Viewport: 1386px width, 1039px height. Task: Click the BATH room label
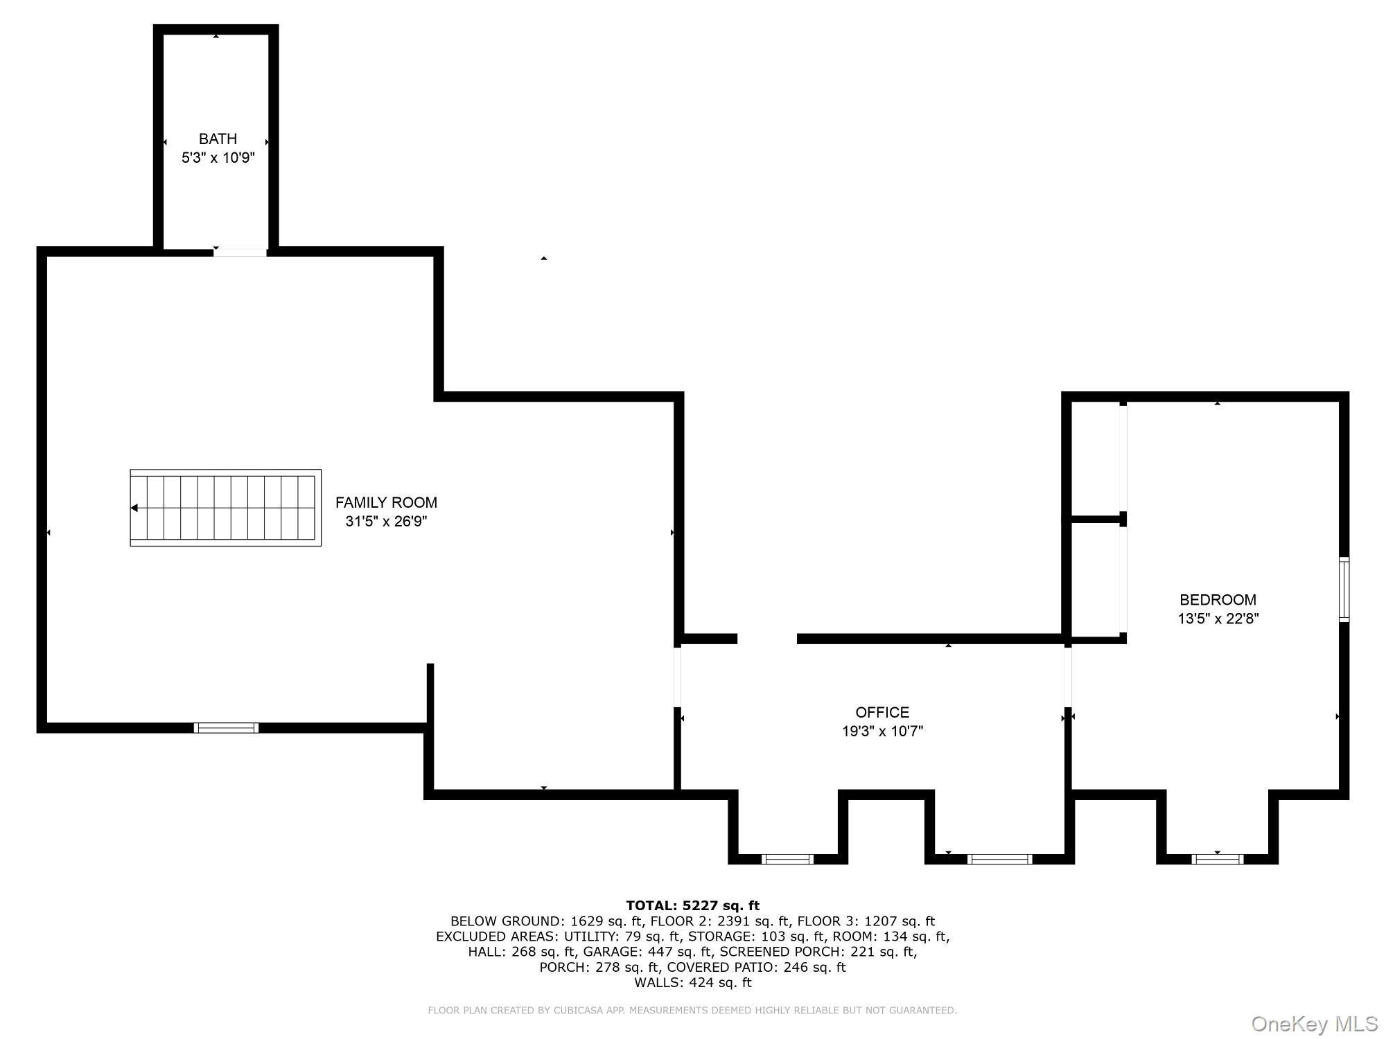218,139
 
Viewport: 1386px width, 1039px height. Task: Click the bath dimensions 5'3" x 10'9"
218,158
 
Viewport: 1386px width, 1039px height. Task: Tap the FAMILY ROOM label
386,503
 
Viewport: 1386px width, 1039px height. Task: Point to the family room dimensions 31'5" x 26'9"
386,522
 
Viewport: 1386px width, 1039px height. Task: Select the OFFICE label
882,712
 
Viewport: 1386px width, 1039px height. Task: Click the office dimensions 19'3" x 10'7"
882,731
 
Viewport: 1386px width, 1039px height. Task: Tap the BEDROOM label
1218,600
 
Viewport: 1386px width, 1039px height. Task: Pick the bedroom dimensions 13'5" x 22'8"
1218,619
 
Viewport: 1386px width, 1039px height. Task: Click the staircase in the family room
225,508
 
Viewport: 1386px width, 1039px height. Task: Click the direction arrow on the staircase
134,508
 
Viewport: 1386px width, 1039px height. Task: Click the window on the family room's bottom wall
226,727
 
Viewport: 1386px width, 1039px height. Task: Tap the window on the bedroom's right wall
1344,589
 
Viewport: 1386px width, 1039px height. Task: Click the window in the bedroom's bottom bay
1217,860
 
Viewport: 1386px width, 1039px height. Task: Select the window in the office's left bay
787,860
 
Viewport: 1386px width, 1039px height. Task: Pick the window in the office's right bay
999,860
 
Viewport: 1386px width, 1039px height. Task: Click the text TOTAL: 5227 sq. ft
692,905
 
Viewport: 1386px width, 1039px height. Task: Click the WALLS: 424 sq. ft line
692,982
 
